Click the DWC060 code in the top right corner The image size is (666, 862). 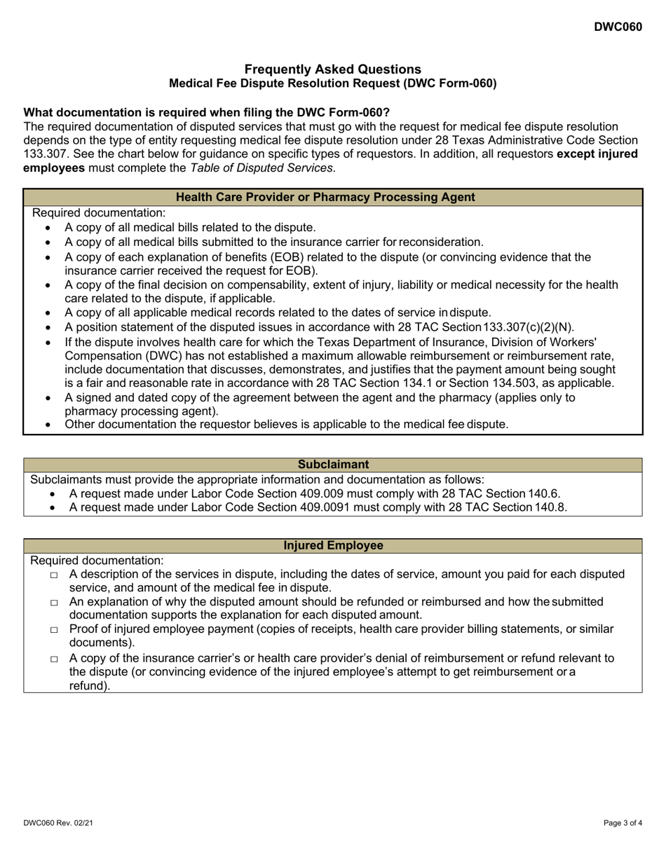pyautogui.click(x=618, y=27)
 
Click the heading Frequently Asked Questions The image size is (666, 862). pyautogui.click(x=333, y=69)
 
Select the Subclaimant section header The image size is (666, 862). pyautogui.click(x=333, y=464)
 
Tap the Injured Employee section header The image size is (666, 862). pyautogui.click(x=333, y=545)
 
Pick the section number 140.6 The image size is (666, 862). pyautogui.click(x=546, y=493)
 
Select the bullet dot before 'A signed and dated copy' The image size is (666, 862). pyautogui.click(x=48, y=398)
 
